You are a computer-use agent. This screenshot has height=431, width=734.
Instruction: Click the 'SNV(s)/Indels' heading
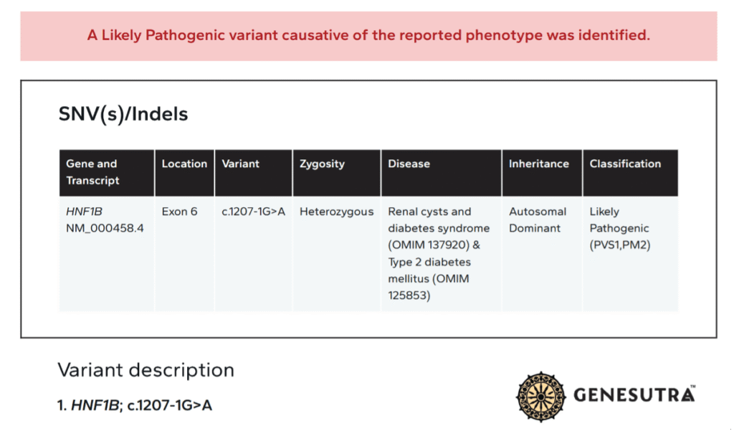pyautogui.click(x=123, y=114)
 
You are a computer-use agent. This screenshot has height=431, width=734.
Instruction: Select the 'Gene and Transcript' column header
pyautogui.click(x=92, y=172)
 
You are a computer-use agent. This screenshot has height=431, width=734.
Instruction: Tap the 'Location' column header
pyautogui.click(x=184, y=164)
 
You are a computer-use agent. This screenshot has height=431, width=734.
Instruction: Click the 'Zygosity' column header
pyautogui.click(x=322, y=164)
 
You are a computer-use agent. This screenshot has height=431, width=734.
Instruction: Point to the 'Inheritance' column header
pyautogui.click(x=538, y=164)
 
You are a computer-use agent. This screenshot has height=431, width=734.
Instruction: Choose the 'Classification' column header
pyautogui.click(x=625, y=164)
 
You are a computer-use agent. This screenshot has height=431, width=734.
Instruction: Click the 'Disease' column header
pyautogui.click(x=409, y=164)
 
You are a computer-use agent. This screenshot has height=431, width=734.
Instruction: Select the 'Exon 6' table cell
pyautogui.click(x=179, y=212)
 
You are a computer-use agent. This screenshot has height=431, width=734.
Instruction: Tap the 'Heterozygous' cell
pyautogui.click(x=336, y=212)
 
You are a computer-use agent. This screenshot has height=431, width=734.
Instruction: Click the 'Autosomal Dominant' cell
pyautogui.click(x=538, y=220)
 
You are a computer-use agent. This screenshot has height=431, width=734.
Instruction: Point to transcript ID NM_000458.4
pyautogui.click(x=105, y=229)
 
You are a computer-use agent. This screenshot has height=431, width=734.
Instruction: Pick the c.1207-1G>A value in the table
pyautogui.click(x=253, y=212)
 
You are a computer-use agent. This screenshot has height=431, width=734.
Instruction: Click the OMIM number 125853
pyautogui.click(x=409, y=295)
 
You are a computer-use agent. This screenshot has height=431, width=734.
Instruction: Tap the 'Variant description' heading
pyautogui.click(x=146, y=370)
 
